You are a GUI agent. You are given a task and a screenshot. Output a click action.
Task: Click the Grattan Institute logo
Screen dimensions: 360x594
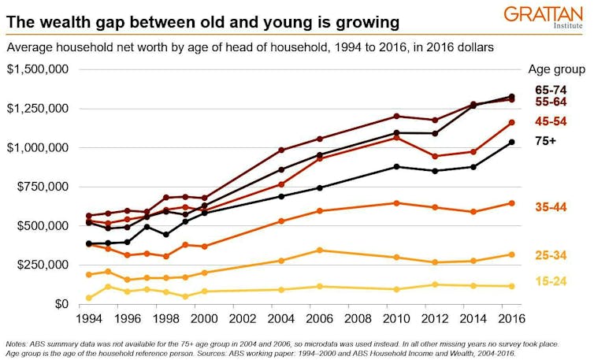click(x=544, y=17)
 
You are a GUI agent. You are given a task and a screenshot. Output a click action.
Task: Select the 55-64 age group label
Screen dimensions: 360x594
click(x=551, y=102)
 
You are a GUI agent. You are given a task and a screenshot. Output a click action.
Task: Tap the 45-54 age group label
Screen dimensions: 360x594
click(x=551, y=121)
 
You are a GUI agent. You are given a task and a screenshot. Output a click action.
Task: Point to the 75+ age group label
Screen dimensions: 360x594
click(x=548, y=142)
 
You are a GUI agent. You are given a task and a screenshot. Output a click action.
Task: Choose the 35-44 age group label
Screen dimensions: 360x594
click(x=551, y=206)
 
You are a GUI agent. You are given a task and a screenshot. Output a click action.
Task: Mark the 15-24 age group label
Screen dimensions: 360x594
click(x=551, y=281)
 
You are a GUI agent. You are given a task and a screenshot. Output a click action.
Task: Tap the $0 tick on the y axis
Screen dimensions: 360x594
click(x=60, y=304)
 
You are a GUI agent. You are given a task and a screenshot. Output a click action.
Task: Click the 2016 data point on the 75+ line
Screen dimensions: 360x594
click(x=511, y=142)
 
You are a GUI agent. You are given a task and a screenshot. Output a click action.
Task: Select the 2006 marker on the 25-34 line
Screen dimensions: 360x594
click(x=319, y=251)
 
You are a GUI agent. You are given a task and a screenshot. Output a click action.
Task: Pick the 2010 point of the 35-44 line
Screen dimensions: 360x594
click(x=396, y=203)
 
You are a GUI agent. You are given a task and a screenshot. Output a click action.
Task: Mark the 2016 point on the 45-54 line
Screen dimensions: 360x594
click(x=511, y=122)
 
